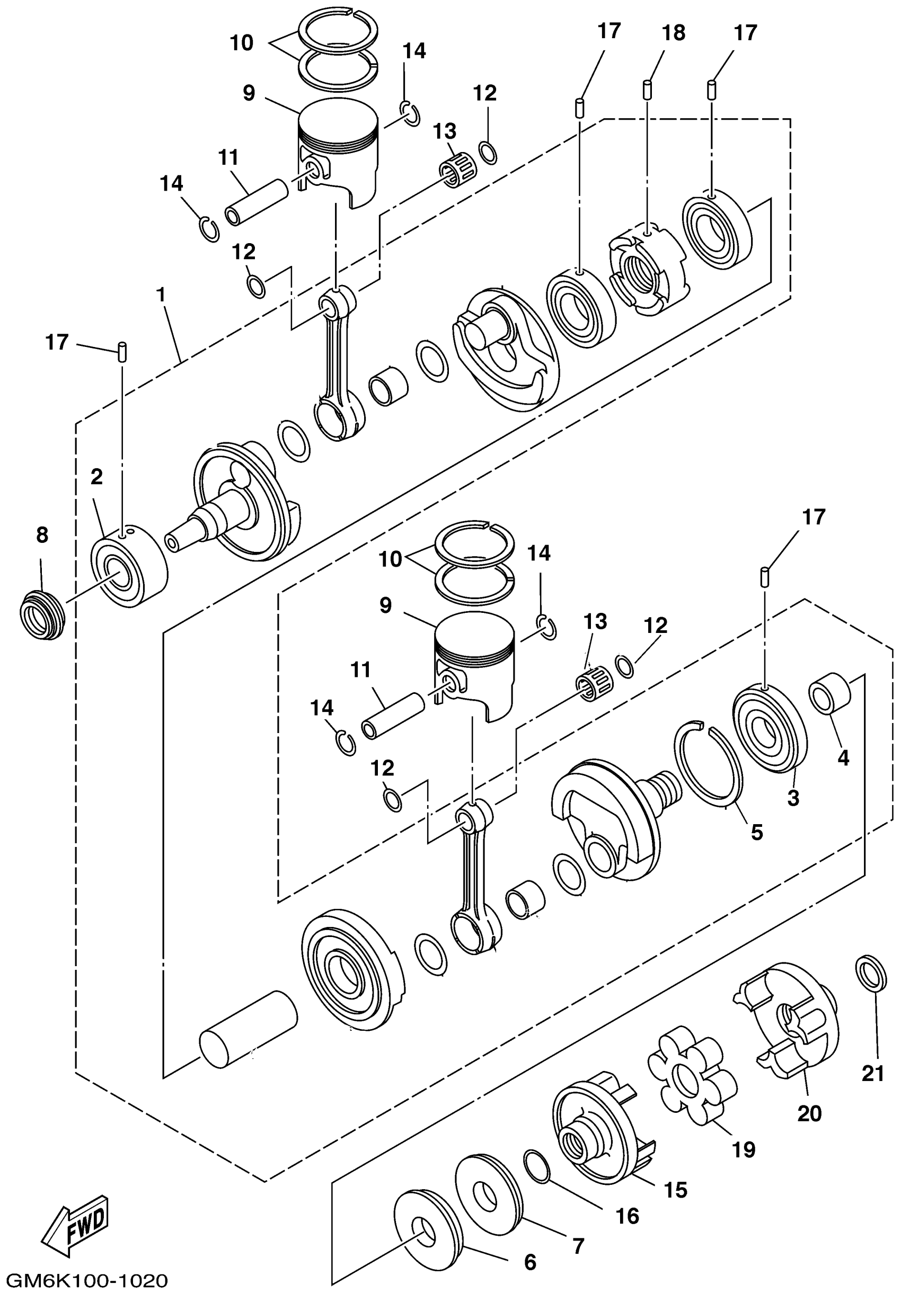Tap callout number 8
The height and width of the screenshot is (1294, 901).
coord(42,536)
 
